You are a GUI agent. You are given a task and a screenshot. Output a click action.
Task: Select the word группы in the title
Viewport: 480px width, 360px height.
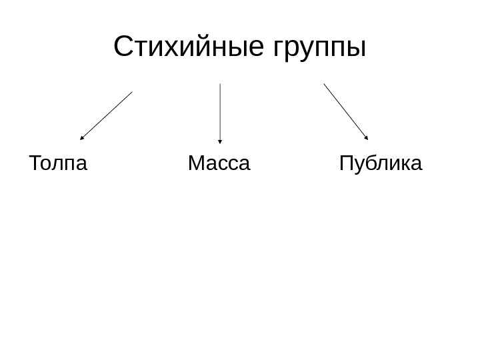point(320,49)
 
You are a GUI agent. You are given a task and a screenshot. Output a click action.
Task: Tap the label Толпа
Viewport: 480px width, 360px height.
point(58,163)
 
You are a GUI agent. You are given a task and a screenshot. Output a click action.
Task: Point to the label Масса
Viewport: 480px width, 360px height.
point(219,163)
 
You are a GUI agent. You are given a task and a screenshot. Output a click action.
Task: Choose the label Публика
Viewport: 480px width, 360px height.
point(381,164)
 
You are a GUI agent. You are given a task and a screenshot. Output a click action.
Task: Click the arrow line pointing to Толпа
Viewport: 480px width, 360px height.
point(107,115)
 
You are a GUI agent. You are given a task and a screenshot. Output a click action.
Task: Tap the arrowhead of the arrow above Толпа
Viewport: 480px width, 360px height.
point(82,138)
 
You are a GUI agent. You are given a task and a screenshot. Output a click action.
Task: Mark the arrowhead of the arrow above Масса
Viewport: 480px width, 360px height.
point(220,141)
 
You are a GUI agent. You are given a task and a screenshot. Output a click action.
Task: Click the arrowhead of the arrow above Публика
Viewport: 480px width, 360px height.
point(366,137)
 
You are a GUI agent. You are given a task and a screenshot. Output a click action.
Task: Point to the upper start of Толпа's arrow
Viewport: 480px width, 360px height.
point(132,91)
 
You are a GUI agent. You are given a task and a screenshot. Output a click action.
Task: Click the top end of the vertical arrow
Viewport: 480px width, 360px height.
point(220,84)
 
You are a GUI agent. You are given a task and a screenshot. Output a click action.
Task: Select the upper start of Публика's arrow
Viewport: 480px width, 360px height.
point(324,84)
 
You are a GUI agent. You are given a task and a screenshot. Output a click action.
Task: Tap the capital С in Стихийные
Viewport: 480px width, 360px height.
point(123,47)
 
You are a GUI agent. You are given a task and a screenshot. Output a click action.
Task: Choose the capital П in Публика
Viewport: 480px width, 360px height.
point(347,163)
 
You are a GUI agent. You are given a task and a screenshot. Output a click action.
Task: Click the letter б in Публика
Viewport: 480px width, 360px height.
point(374,163)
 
